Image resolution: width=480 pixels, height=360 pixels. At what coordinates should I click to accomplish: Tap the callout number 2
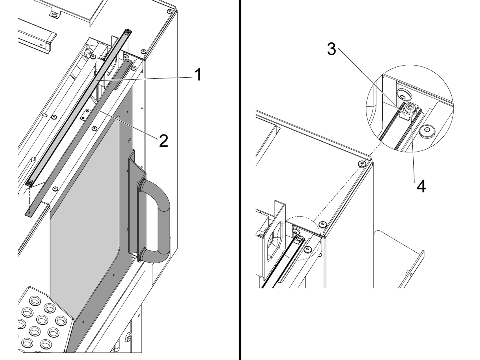[163, 140]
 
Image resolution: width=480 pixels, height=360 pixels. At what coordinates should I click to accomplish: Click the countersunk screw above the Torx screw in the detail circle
[402, 94]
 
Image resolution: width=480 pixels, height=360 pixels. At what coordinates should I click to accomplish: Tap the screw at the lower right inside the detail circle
[428, 130]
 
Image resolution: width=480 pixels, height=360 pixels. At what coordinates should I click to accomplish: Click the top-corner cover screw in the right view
[362, 164]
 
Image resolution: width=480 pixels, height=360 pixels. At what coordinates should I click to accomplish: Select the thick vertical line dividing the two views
[240, 180]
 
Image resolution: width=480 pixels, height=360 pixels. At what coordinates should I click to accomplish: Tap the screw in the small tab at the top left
[53, 15]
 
